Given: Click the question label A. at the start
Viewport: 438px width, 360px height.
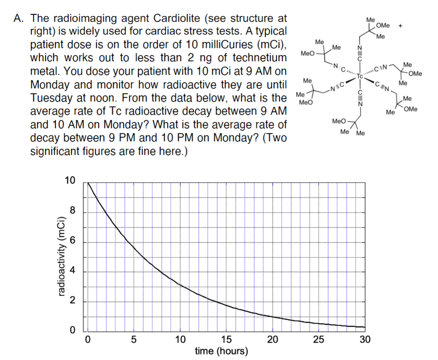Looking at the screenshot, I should pyautogui.click(x=21, y=18).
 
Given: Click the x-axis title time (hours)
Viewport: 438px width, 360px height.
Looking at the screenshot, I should pyautogui.click(x=221, y=351).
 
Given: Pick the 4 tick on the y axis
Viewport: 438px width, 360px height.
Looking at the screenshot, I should pyautogui.click(x=71, y=272).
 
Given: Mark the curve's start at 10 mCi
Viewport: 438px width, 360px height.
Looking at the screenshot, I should pyautogui.click(x=88, y=183).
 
